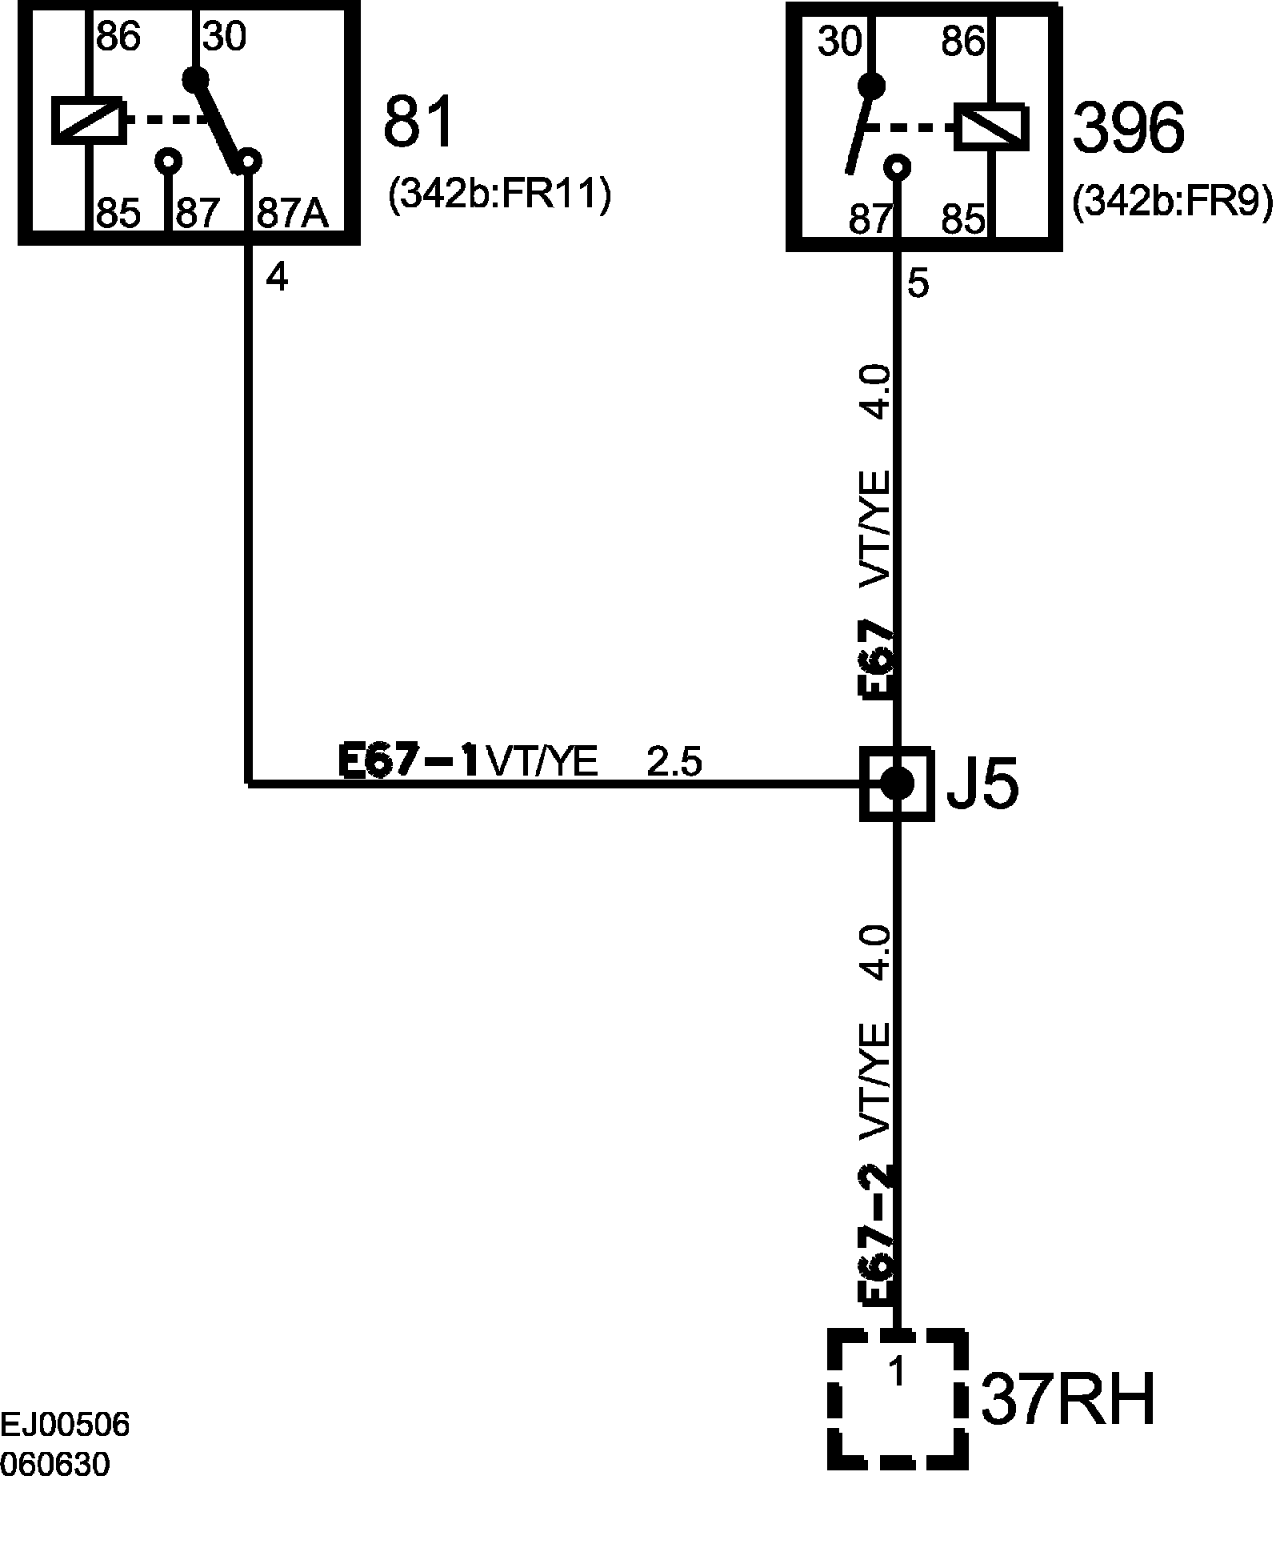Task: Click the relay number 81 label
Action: tap(418, 122)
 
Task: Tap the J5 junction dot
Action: tap(896, 784)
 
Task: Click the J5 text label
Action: tap(982, 786)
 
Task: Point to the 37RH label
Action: tap(1067, 1400)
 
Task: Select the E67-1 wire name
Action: tap(409, 760)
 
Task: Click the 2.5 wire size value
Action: tap(674, 762)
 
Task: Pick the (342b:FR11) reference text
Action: tap(499, 196)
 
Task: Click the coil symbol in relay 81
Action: tap(88, 120)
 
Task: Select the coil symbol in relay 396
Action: tap(991, 126)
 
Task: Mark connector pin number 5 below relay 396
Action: tap(918, 284)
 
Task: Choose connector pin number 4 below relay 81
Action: tap(276, 278)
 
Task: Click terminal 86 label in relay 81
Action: tap(118, 36)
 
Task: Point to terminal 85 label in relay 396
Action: tap(962, 219)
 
